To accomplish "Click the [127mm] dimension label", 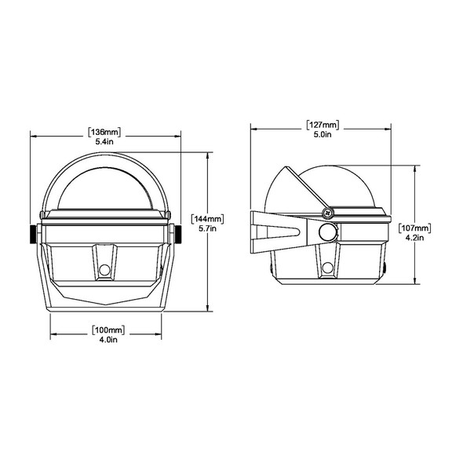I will (323, 124).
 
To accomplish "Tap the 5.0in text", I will (323, 135).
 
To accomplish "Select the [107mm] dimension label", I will (414, 228).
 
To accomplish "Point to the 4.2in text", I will (414, 239).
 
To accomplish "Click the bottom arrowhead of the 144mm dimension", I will (207, 310).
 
